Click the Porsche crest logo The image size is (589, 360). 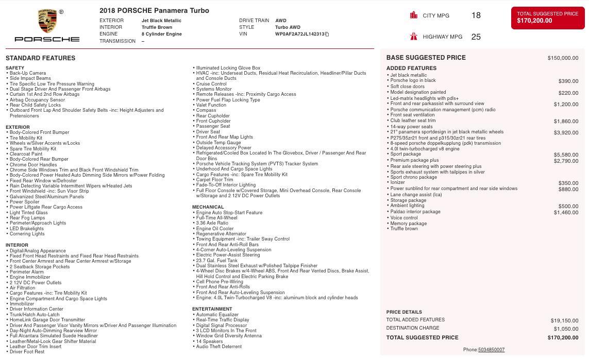click(x=47, y=21)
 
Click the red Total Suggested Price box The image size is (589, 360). click(x=547, y=18)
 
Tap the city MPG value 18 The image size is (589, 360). click(x=476, y=15)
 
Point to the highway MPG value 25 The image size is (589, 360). click(x=476, y=37)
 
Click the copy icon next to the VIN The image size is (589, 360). click(x=327, y=35)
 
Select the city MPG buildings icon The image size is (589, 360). click(x=413, y=15)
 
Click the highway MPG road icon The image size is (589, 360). click(x=413, y=37)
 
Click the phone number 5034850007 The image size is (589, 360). click(x=491, y=350)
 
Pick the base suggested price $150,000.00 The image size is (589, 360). click(x=563, y=58)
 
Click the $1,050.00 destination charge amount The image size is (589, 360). click(x=566, y=329)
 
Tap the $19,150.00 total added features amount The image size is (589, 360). click(x=564, y=320)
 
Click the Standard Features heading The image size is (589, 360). click(x=41, y=58)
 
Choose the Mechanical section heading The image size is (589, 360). click(x=208, y=207)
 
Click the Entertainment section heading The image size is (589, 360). click(x=212, y=309)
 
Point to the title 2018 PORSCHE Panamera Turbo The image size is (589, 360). click(x=154, y=10)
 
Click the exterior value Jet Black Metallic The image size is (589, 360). click(x=161, y=21)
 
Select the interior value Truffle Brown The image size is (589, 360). click(x=157, y=27)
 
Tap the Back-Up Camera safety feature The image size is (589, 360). click(x=28, y=73)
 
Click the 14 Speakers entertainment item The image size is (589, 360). click(x=209, y=341)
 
